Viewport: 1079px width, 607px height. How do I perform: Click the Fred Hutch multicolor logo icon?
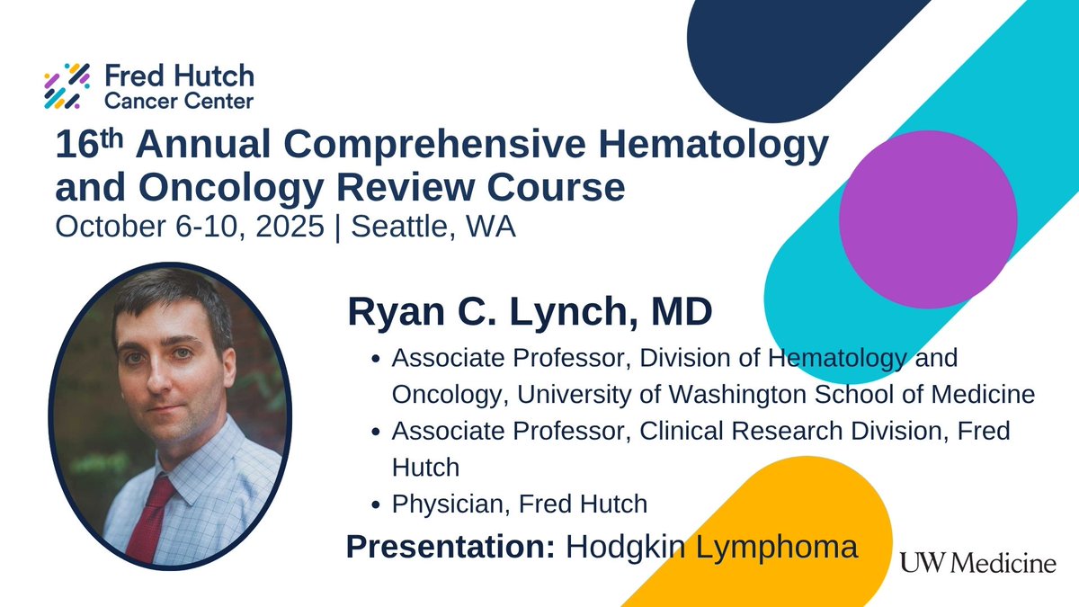68,85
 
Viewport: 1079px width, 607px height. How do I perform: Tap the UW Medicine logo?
976,564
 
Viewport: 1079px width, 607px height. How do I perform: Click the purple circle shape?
927,219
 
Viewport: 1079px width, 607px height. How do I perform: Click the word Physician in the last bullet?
450,504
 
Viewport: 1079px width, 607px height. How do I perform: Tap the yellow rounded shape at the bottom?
782,540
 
